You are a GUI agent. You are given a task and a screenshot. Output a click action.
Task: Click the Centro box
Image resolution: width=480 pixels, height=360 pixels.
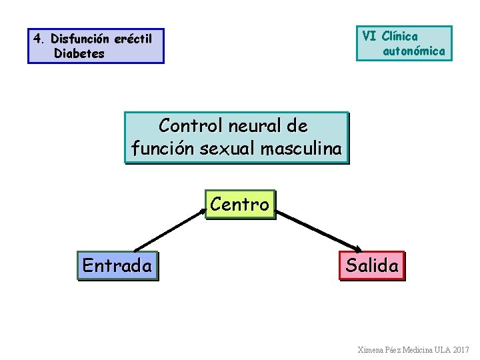click(x=240, y=204)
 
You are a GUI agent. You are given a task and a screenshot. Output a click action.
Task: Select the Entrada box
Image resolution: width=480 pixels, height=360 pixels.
click(x=117, y=266)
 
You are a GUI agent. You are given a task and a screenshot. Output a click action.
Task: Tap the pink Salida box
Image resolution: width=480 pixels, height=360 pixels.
click(x=372, y=266)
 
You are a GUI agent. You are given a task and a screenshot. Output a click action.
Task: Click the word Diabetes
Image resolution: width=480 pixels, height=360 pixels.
click(x=79, y=54)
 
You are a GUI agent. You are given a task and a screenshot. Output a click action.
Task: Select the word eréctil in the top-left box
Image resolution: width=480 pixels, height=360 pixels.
click(x=133, y=39)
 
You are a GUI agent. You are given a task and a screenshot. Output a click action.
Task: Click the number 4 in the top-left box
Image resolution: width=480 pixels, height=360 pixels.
click(x=37, y=39)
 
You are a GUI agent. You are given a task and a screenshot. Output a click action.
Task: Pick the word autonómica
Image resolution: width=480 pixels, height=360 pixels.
click(x=414, y=51)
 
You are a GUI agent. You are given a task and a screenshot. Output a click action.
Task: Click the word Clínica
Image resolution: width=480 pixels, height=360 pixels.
click(x=400, y=36)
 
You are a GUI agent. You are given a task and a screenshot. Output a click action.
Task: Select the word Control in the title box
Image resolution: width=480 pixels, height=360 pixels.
click(x=191, y=125)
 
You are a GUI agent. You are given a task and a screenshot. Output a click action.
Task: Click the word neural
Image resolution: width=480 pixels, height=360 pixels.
click(x=255, y=125)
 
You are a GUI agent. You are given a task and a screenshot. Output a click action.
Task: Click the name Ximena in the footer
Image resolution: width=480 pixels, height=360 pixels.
click(x=371, y=350)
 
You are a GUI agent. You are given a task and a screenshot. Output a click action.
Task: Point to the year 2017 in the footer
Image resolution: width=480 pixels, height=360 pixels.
click(x=461, y=350)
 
